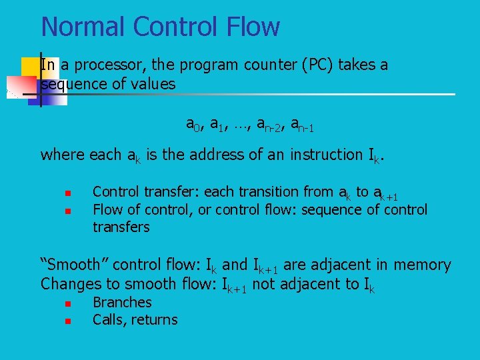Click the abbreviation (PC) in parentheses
(315, 65)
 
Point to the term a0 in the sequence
(193, 124)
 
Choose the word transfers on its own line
(121, 227)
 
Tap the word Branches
(122, 303)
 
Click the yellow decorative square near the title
(29, 67)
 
